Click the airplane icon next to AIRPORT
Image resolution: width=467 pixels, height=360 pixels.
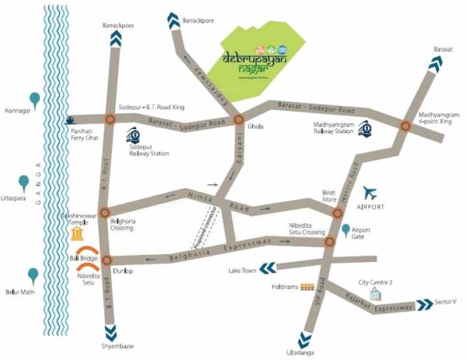(370, 194)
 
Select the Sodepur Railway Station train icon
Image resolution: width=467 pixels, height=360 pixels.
(133, 133)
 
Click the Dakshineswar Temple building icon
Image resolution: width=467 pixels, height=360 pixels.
(77, 233)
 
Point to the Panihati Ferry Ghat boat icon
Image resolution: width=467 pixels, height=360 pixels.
(71, 121)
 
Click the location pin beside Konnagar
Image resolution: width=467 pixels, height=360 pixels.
(34, 99)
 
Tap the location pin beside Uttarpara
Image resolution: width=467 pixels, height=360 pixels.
(24, 183)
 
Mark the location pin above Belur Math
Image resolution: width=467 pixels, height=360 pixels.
(33, 275)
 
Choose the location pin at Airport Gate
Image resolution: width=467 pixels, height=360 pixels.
(346, 230)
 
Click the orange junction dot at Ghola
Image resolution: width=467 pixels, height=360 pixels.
(240, 119)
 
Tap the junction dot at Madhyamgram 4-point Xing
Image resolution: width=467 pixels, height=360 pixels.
(405, 125)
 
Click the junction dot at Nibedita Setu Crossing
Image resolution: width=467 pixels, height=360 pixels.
(330, 242)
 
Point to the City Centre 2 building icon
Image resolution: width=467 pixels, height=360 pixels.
(377, 293)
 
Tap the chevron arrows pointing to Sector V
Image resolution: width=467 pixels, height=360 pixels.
(424, 305)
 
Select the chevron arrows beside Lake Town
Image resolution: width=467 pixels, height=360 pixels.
(267, 268)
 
